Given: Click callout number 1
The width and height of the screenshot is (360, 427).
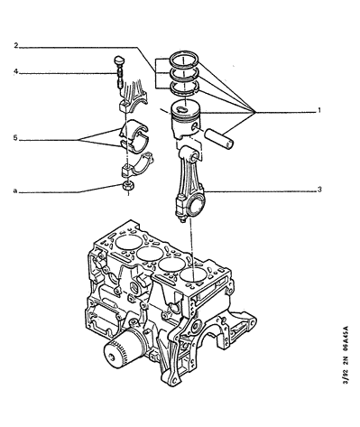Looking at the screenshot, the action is [x=319, y=110].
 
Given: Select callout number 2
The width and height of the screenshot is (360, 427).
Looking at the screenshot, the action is [x=16, y=46].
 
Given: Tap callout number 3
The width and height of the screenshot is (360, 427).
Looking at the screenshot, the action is [x=319, y=190].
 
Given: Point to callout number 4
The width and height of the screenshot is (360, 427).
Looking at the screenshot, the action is [x=16, y=72].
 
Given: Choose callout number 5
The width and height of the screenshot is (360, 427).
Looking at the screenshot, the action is [x=15, y=138].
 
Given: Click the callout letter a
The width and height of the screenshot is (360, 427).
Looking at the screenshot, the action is [x=14, y=190].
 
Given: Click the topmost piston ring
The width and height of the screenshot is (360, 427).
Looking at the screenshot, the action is [x=184, y=59].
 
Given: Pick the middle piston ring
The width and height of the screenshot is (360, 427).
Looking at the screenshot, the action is [x=184, y=74].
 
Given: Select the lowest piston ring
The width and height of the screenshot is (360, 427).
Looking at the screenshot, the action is [x=184, y=88].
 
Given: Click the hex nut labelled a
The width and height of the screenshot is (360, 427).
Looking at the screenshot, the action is [x=127, y=186].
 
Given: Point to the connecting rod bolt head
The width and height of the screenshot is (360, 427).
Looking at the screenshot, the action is [x=119, y=59].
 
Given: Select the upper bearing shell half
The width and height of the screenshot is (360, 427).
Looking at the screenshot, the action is [x=134, y=129].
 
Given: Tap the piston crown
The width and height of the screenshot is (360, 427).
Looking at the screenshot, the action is [x=185, y=108].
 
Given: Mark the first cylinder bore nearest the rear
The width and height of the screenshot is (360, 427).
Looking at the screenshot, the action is [x=128, y=242].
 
